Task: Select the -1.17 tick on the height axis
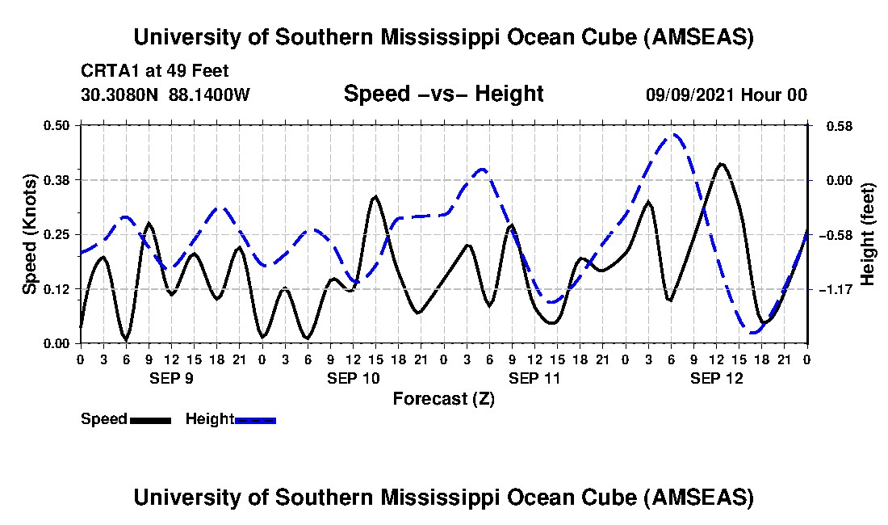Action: point(833,289)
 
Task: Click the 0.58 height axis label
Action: point(832,126)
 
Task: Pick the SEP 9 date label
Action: point(171,377)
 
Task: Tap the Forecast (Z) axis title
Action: point(444,398)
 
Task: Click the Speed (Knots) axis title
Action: point(29,234)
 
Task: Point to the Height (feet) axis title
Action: point(868,234)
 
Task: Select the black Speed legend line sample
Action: point(149,420)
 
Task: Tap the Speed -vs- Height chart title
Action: point(444,94)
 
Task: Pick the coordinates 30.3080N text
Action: point(121,94)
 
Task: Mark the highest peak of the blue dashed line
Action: point(672,135)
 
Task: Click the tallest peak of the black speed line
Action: point(721,164)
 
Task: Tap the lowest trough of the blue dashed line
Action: point(752,332)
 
